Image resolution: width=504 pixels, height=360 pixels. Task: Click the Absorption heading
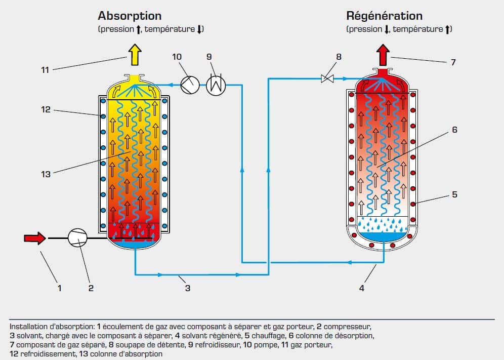point(130,16)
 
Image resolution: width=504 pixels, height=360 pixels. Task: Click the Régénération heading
point(384,16)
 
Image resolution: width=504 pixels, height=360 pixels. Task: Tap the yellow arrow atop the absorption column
point(135,55)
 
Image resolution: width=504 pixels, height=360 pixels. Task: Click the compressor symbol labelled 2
point(78,236)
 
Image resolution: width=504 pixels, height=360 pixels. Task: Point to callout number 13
point(46,174)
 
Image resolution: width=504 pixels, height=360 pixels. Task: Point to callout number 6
point(454,130)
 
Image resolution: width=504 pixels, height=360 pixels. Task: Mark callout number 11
point(45,70)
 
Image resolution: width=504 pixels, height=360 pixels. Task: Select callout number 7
point(453,62)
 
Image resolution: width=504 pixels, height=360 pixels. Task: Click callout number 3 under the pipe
point(187,288)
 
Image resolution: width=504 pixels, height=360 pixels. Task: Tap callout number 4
point(361,288)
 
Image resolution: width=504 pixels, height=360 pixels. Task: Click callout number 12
point(46,109)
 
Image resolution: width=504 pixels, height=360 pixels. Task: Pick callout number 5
point(454,194)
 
